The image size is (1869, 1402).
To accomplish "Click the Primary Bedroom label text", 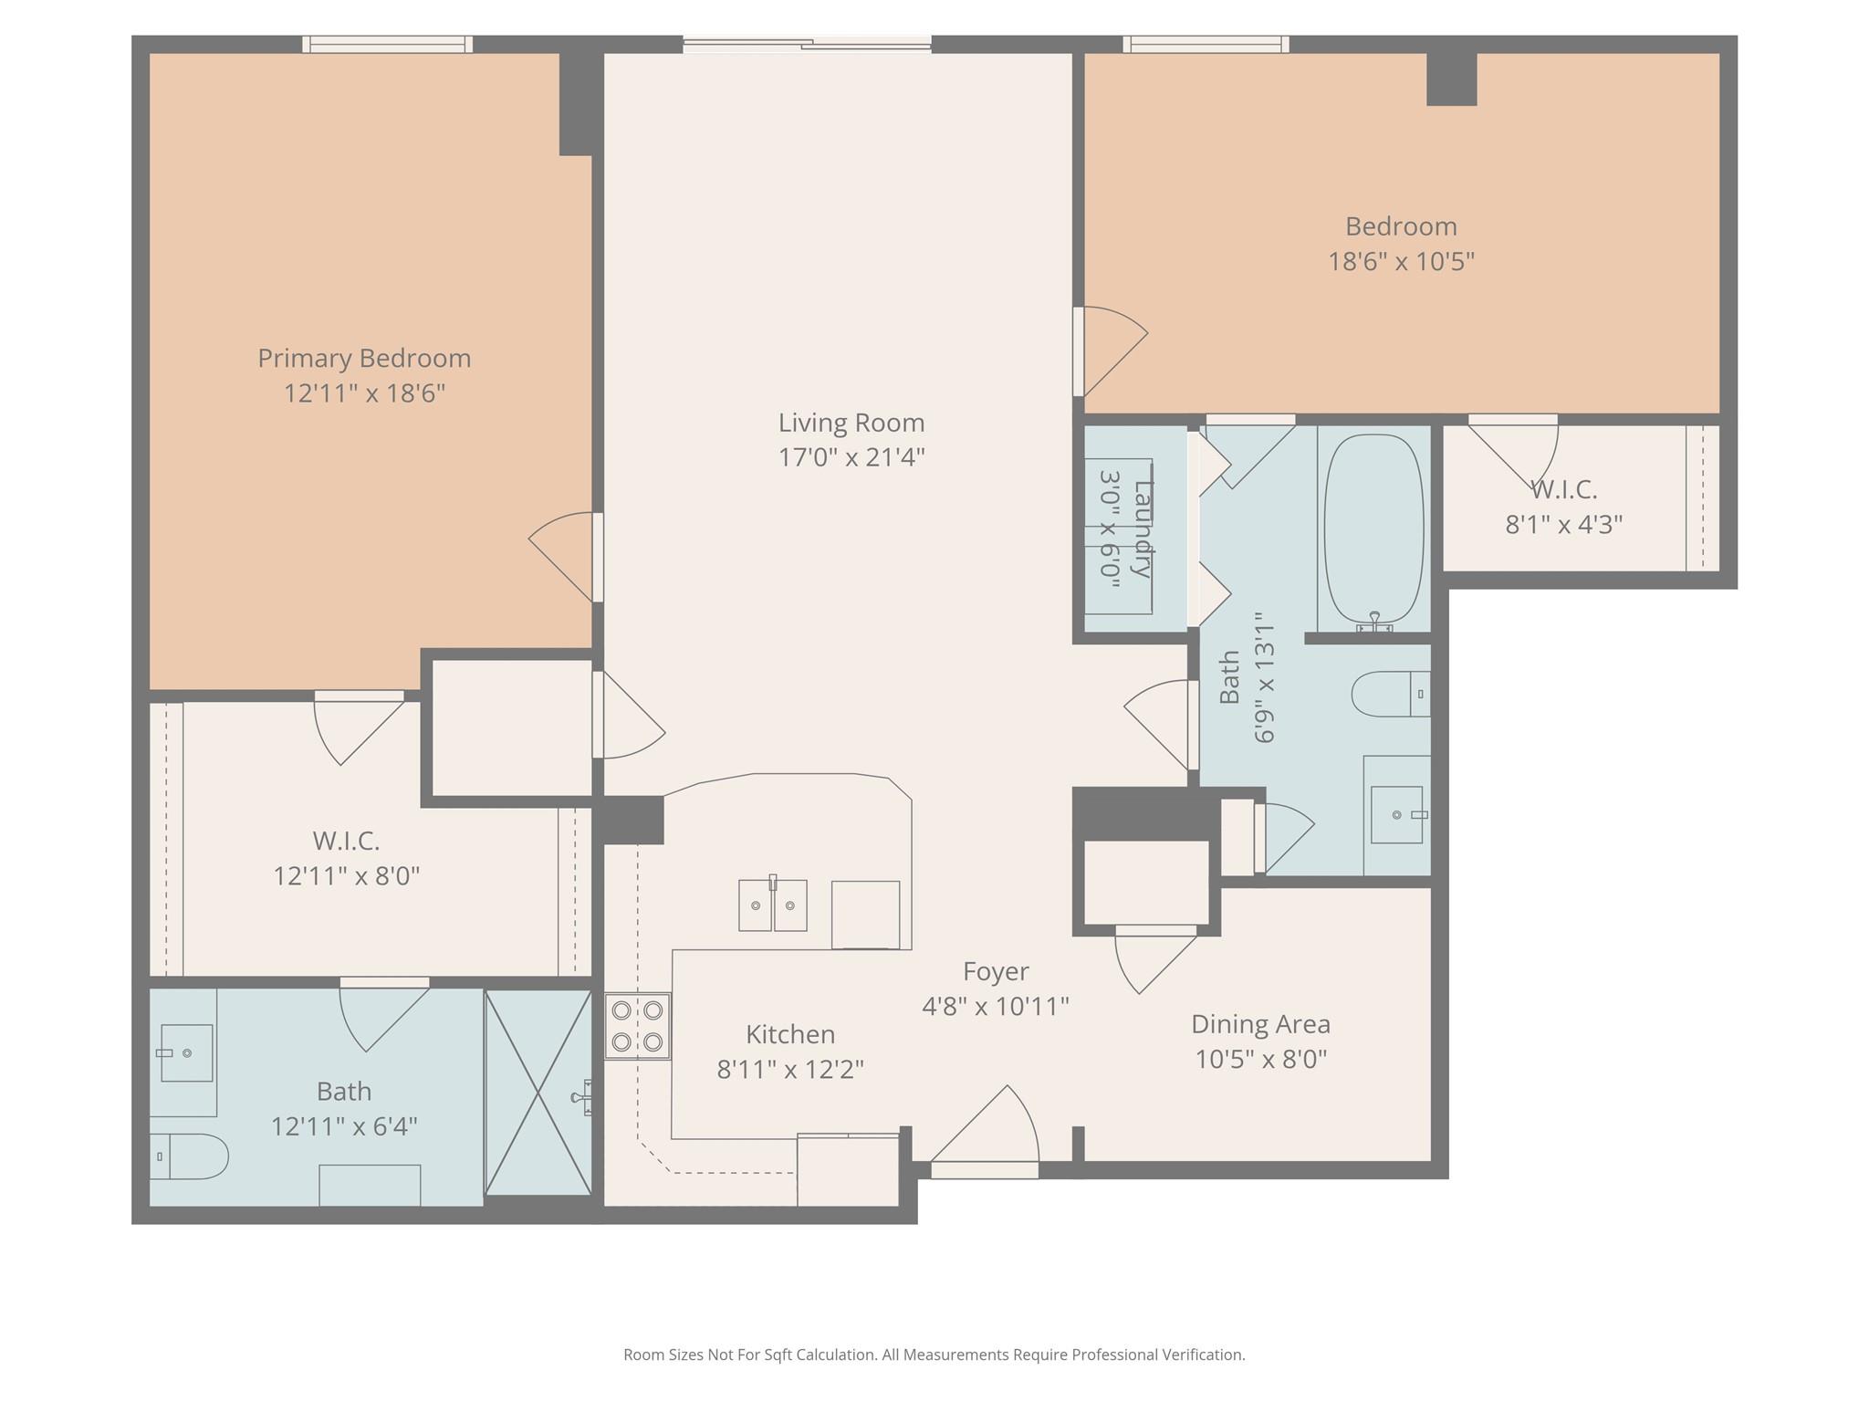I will click(364, 358).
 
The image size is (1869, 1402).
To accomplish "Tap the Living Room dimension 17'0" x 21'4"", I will click(851, 457).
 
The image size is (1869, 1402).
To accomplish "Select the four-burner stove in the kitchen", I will click(637, 1026).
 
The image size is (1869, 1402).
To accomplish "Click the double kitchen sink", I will click(772, 905).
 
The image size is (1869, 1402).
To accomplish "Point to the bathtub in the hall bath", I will click(1373, 529).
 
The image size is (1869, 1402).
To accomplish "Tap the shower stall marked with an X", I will click(538, 1093).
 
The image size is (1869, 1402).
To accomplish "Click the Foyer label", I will click(996, 971).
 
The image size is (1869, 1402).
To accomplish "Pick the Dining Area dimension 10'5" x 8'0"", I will click(1260, 1059).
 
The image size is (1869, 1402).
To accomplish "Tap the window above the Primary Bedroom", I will click(388, 44).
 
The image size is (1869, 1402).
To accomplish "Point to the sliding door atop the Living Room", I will click(807, 42).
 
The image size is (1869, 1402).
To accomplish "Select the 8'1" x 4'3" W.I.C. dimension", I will click(1563, 525).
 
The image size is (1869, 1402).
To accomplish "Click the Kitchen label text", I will click(790, 1034).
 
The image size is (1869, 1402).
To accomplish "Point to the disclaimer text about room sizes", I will click(934, 1355).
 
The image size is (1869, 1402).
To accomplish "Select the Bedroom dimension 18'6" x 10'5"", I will click(1401, 262).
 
